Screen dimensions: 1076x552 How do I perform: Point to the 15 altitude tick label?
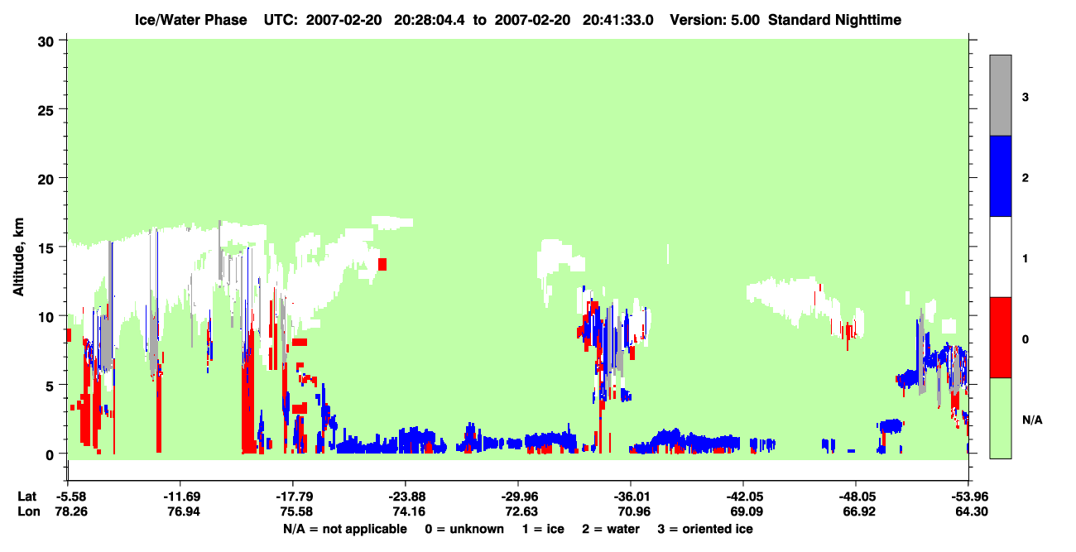(46, 248)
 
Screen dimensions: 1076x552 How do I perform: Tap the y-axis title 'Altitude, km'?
(18, 257)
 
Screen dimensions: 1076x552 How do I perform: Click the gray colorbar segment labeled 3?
(1000, 95)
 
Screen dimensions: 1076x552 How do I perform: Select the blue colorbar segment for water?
(1000, 175)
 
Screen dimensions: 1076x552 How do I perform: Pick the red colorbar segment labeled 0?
(1000, 338)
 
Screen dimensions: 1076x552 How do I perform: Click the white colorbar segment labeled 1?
(1000, 257)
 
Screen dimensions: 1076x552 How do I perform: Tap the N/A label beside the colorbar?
(1032, 420)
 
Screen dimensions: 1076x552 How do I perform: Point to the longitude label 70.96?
(634, 511)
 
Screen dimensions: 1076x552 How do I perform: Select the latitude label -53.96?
(968, 497)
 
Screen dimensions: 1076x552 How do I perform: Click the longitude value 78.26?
(71, 511)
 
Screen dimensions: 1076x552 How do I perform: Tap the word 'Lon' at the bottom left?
(29, 511)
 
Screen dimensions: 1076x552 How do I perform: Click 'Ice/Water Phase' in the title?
(190, 20)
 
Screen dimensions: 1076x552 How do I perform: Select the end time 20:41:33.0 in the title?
(617, 20)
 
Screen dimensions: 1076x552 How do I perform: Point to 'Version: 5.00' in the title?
(715, 20)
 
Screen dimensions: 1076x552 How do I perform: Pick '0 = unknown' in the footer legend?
(464, 529)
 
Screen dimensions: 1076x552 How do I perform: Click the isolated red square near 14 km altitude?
(382, 264)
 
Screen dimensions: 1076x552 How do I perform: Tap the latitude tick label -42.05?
(746, 497)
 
